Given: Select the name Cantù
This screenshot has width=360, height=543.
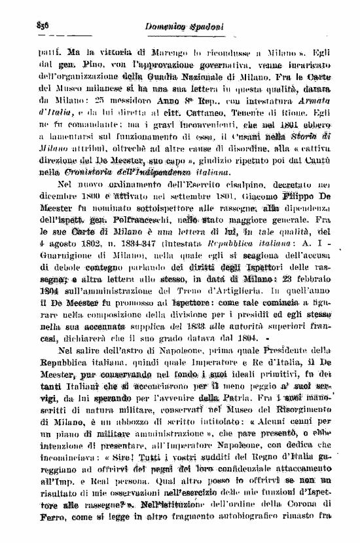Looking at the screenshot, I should [x=321, y=160].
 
